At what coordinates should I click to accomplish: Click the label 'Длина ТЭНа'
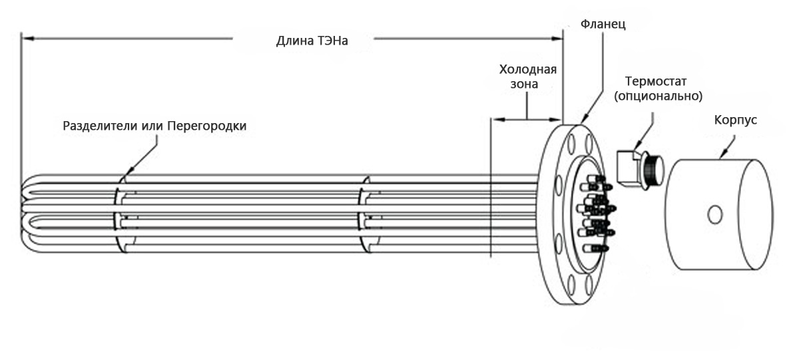312,41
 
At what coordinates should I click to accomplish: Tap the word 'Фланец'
603,25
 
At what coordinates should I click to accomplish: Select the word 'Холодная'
527,70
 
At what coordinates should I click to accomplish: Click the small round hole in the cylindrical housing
714,215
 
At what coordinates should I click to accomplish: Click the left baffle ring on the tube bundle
120,214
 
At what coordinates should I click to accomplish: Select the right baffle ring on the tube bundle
364,214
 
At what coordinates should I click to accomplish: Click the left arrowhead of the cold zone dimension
493,120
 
